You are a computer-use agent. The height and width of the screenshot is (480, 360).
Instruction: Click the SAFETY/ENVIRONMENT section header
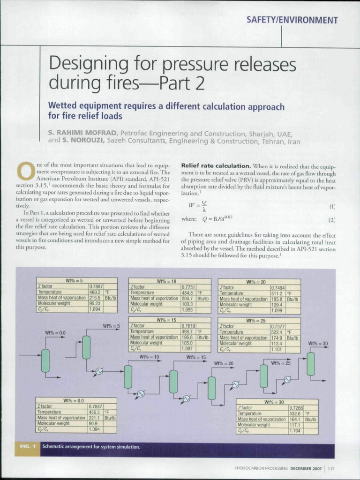tap(292, 20)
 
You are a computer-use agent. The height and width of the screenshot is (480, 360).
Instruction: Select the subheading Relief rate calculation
tap(216, 166)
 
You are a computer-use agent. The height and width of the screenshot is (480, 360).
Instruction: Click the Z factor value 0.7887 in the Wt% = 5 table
tap(96, 286)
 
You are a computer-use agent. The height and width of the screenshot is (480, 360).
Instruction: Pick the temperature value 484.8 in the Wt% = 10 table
tap(188, 292)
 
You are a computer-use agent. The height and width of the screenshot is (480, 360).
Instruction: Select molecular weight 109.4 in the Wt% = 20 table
tap(277, 304)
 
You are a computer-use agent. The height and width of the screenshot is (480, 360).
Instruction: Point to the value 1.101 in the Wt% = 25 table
tap(277, 349)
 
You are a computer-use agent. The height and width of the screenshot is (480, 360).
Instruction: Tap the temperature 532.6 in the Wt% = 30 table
tap(295, 413)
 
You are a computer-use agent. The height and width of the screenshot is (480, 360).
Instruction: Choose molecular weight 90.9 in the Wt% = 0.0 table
tap(95, 423)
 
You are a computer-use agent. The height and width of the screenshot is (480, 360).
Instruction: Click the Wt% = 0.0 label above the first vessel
tap(55, 332)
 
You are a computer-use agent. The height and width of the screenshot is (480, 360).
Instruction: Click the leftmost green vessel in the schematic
tap(45, 360)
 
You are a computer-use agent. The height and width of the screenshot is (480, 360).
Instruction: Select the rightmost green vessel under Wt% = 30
tap(311, 364)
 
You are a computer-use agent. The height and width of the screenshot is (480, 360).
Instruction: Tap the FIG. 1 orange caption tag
tap(28, 447)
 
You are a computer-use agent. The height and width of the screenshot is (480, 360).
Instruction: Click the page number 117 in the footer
tap(331, 468)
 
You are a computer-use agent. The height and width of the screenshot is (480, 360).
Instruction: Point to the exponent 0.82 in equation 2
tap(227, 217)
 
